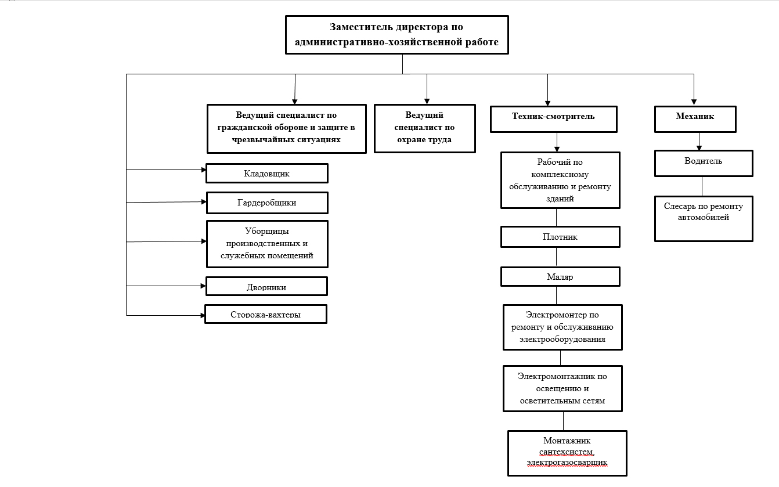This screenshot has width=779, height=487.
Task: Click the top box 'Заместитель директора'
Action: pos(397,35)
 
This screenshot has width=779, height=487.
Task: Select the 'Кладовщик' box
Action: pos(267,173)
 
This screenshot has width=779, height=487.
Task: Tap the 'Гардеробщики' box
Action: pos(267,203)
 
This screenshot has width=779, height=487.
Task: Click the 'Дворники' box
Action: pos(266,286)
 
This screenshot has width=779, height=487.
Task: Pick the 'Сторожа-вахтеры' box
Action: pos(266,314)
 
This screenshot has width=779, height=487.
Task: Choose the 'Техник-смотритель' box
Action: pos(554,120)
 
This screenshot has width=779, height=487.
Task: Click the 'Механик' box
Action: pos(695,120)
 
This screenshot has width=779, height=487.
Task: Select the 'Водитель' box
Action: pos(704,164)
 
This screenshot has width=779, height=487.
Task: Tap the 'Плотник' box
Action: pos(560,237)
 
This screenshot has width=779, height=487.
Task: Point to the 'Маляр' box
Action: pos(560,276)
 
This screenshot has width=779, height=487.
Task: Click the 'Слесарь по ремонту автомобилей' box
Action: pos(704,219)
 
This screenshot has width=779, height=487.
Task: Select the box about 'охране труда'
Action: pos(425,128)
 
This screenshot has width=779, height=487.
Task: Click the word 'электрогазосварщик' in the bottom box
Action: pos(567,463)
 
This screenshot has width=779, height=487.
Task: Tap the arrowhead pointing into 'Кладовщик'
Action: pos(204,169)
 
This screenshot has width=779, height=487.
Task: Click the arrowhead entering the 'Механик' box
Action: pos(694,102)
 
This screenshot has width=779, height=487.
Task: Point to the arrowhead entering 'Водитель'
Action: pos(699,148)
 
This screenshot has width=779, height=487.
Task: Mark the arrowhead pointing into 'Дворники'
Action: pos(203,286)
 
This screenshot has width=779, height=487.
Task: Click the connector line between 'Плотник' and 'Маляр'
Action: pos(556,257)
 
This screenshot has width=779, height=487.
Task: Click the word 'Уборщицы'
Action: pos(267,232)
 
